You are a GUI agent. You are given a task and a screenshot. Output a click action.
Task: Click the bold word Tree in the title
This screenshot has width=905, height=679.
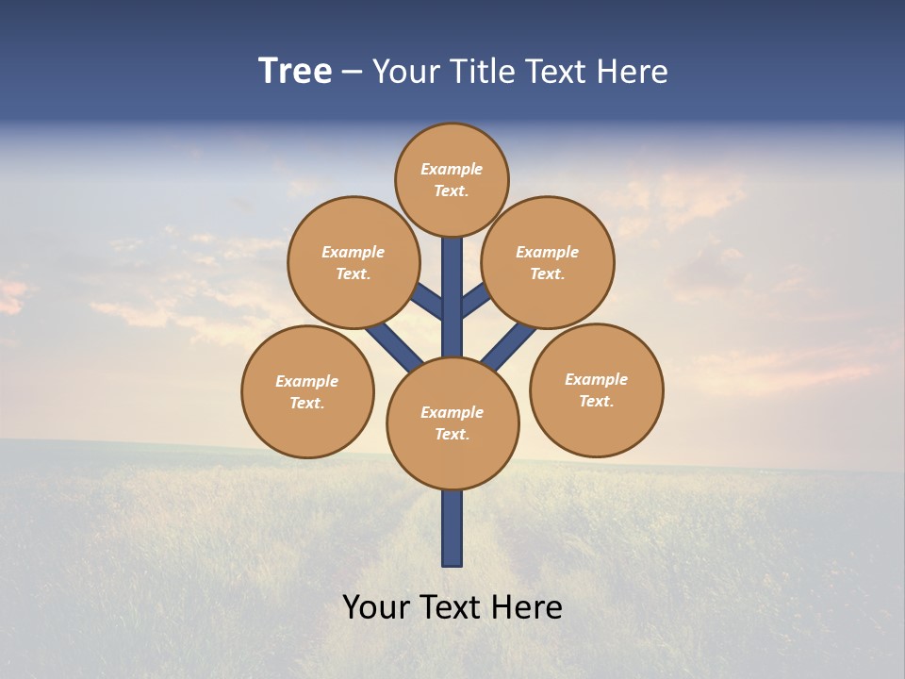295,71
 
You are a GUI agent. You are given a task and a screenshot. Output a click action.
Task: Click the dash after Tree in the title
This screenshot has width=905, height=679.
352,73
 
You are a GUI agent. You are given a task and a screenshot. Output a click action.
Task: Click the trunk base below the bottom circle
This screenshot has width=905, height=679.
452,528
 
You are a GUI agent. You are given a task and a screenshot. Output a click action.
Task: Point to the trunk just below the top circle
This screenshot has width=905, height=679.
452,259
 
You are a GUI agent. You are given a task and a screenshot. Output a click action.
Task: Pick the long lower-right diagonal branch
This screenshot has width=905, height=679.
509,346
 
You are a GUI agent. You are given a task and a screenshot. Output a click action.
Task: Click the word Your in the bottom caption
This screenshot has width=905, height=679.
375,607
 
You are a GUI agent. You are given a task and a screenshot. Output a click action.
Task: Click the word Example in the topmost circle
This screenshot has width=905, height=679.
452,169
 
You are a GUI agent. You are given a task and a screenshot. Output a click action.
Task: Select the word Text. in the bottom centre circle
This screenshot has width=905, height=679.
452,434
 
